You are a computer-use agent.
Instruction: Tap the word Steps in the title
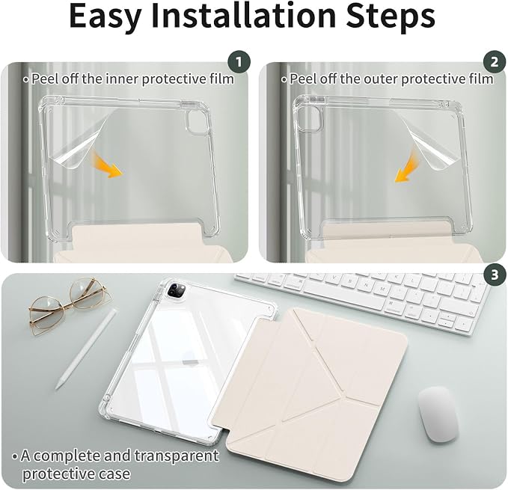(391, 17)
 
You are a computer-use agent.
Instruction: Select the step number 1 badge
(239, 62)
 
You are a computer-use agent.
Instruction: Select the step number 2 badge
(494, 62)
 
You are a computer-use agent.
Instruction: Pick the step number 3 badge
(495, 275)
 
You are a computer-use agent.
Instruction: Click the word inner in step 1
(121, 79)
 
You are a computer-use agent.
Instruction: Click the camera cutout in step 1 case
(196, 122)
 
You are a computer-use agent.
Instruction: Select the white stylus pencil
(86, 349)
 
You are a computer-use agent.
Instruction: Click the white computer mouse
(438, 414)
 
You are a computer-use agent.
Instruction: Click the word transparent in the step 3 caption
(177, 456)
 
